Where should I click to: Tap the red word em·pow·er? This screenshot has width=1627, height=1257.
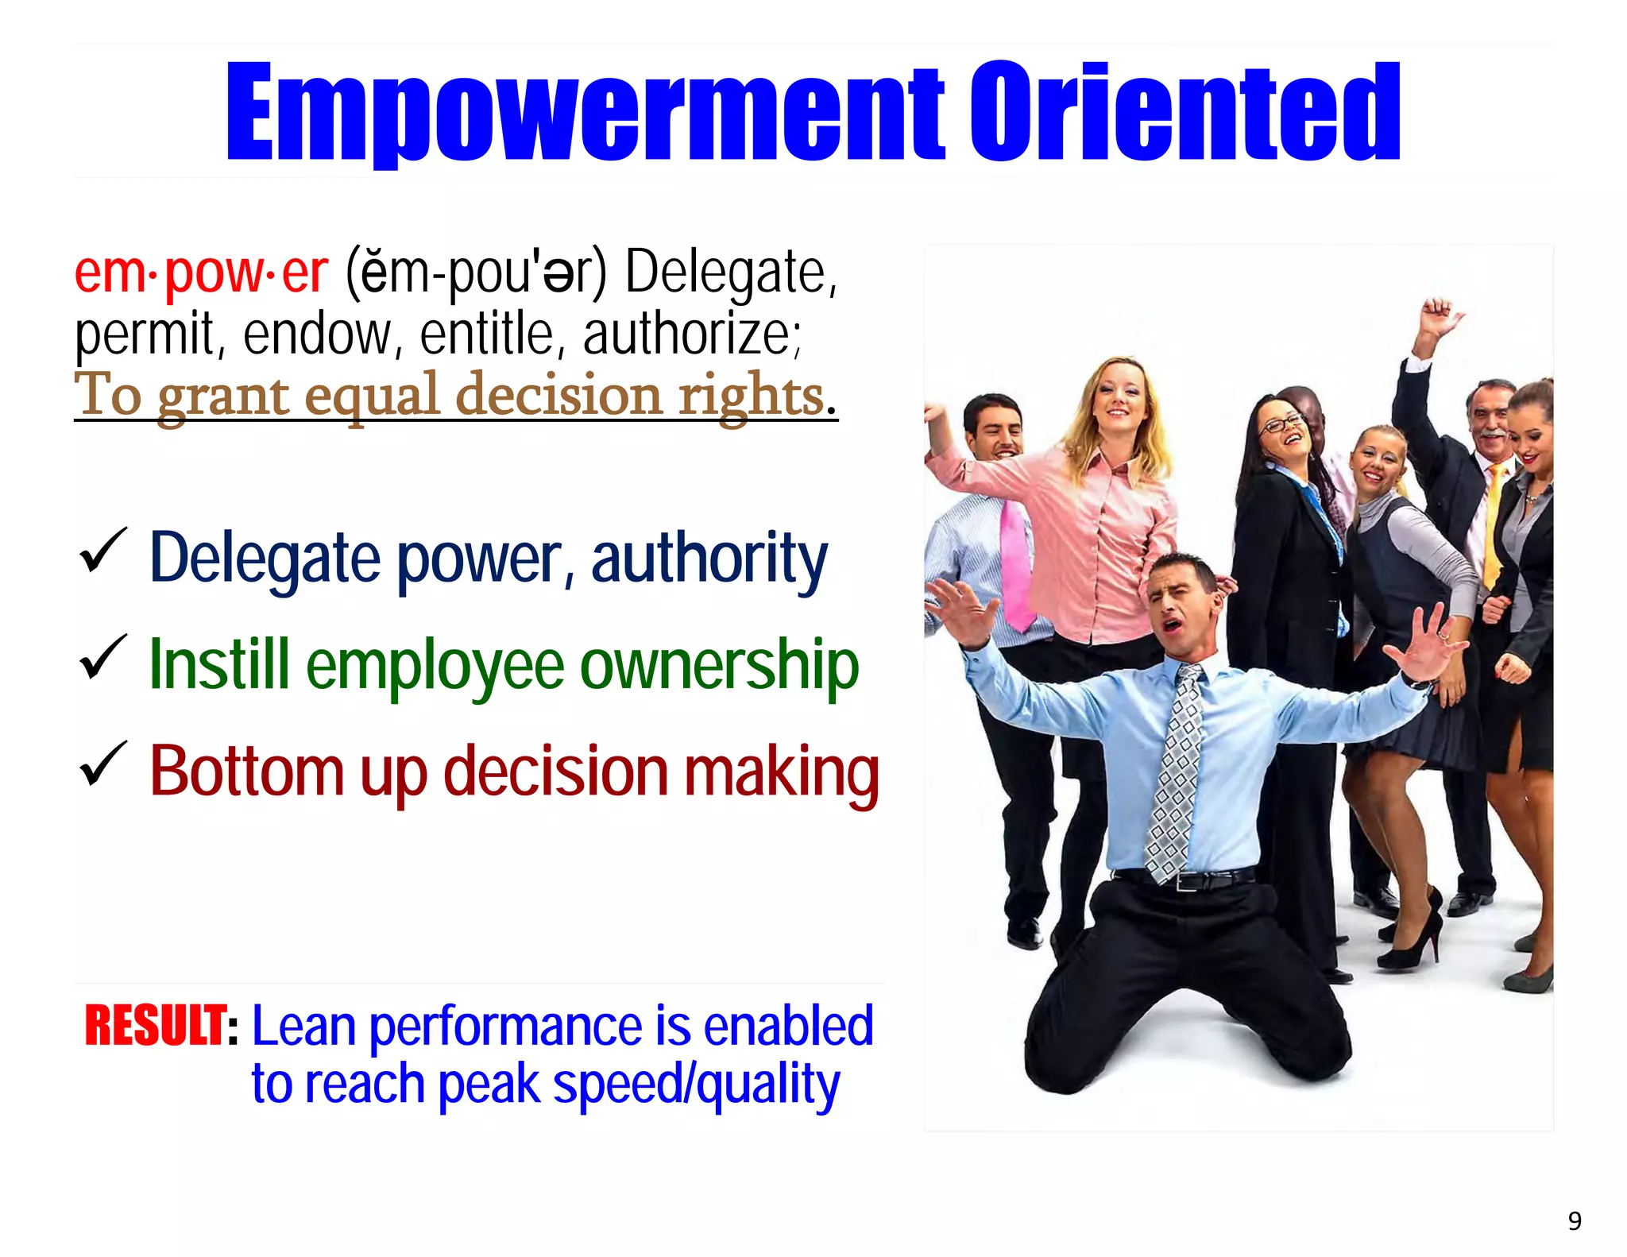(x=200, y=273)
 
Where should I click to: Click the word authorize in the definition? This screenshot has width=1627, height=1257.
(x=688, y=335)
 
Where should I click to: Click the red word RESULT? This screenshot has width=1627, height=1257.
(x=156, y=1026)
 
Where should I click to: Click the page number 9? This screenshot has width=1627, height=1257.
(x=1575, y=1220)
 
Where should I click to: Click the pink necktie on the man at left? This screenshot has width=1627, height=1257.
(x=1014, y=564)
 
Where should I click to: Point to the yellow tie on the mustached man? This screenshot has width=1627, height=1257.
(x=1494, y=524)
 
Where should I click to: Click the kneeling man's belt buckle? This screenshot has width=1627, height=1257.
(x=1188, y=881)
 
